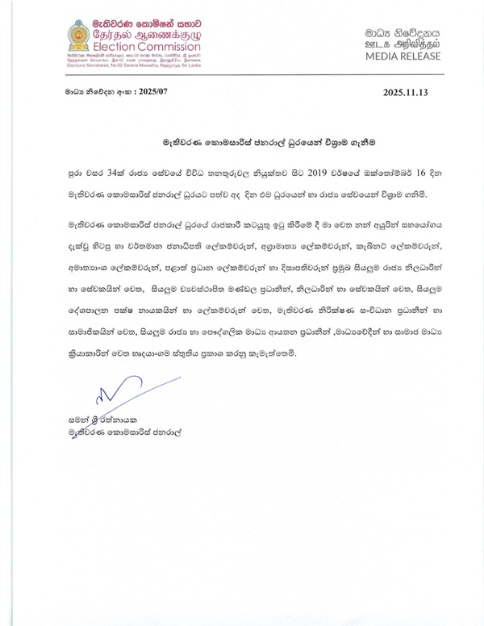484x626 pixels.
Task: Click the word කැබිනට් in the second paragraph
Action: point(357,241)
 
